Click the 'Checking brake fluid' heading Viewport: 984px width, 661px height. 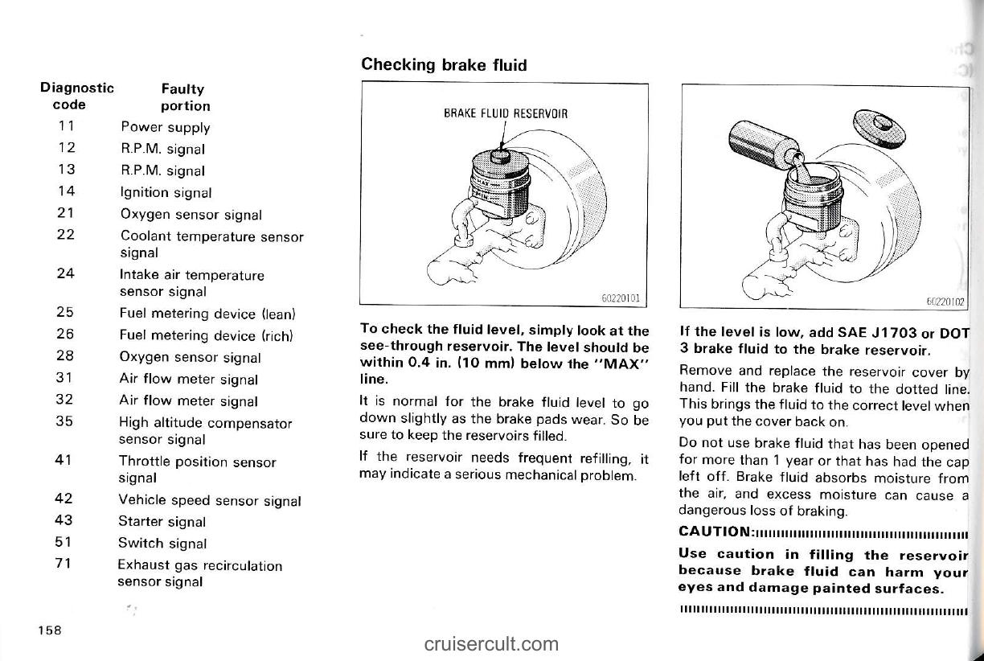coord(444,64)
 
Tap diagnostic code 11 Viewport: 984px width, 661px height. coord(67,126)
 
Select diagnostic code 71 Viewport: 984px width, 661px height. coord(66,563)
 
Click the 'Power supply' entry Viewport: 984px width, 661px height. coord(165,127)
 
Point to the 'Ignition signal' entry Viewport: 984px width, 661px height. coord(166,192)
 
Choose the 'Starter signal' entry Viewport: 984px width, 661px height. coord(162,522)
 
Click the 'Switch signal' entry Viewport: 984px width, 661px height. coord(162,544)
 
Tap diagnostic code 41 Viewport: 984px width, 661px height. coord(66,461)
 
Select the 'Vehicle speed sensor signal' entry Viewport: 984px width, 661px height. coord(209,500)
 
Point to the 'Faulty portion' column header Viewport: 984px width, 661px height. coord(184,97)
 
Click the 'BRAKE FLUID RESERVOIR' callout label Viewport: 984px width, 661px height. coord(506,113)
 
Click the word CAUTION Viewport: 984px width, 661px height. coord(715,532)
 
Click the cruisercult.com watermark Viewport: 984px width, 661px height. coord(491,643)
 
